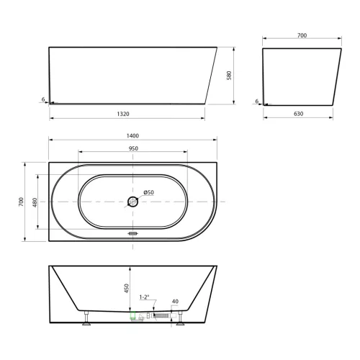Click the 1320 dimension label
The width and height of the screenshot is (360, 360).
click(x=123, y=114)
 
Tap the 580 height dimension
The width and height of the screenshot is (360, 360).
click(x=229, y=76)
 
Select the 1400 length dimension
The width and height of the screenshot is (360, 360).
click(x=132, y=136)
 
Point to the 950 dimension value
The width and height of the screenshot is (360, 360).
click(x=133, y=148)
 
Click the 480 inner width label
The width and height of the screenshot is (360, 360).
click(x=35, y=202)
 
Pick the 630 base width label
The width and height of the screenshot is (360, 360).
click(x=298, y=114)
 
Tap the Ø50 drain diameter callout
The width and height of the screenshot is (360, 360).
click(x=148, y=192)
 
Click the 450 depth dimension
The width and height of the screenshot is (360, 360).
click(x=127, y=288)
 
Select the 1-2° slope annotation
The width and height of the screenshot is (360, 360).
click(x=144, y=297)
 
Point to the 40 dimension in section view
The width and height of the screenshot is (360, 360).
click(x=175, y=302)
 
